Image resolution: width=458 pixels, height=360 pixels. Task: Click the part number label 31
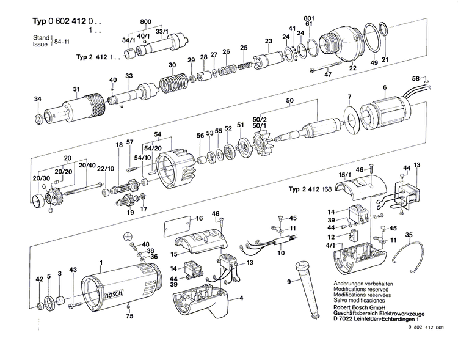[x=76, y=90]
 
